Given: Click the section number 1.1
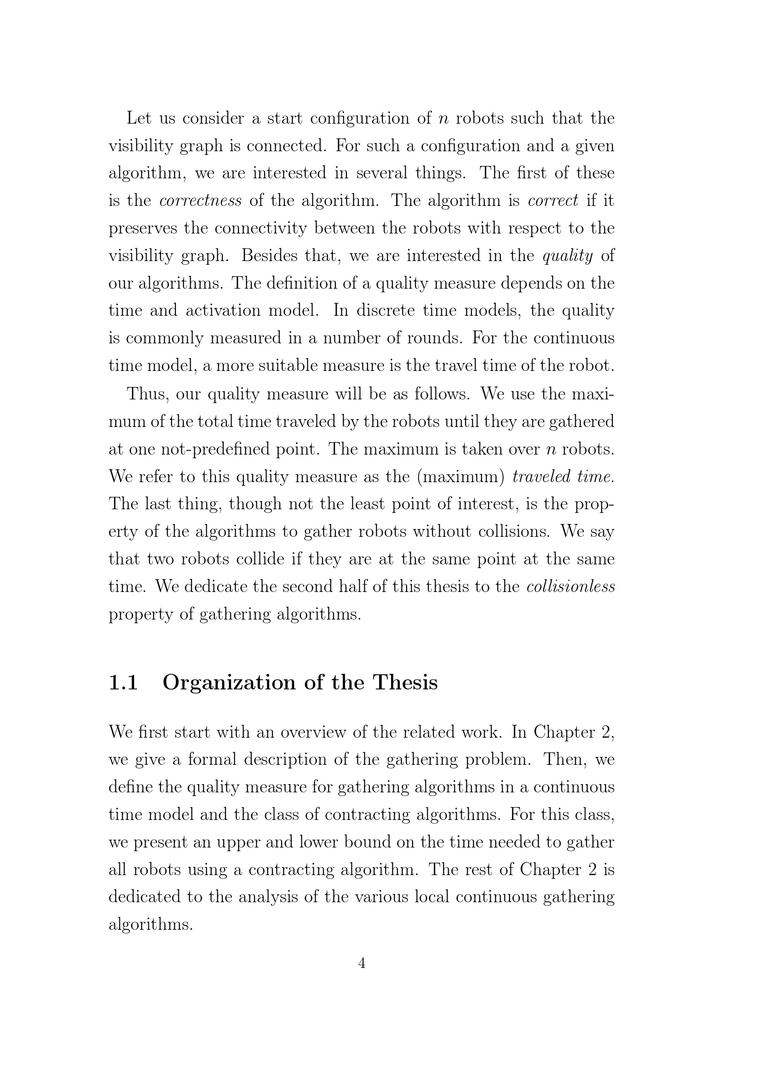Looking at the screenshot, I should tap(123, 683).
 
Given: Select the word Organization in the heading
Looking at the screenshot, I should tap(229, 683).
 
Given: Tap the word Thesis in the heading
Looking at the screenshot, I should tap(405, 683).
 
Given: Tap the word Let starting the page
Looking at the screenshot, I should tap(139, 118).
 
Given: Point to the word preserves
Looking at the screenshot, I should tap(143, 228).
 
